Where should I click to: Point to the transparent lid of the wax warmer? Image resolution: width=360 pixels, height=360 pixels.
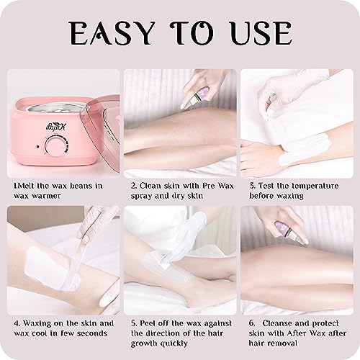click(x=98, y=108)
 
